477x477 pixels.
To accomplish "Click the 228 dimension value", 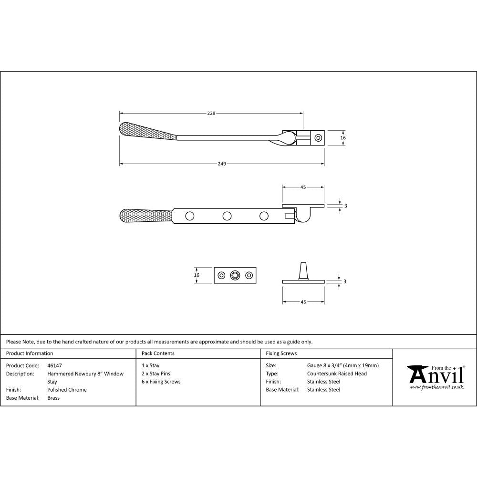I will pyautogui.click(x=211, y=114).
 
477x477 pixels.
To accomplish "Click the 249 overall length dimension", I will pyautogui.click(x=222, y=164).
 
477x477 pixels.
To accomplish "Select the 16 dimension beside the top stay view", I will pyautogui.click(x=343, y=138).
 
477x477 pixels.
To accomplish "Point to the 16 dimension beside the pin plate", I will pyautogui.click(x=197, y=275).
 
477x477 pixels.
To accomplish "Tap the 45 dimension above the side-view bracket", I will pyautogui.click(x=303, y=187).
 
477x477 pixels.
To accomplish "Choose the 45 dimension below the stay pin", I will pyautogui.click(x=303, y=302).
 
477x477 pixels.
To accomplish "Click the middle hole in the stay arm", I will pyautogui.click(x=227, y=216).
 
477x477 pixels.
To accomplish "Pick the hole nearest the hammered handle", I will pyautogui.click(x=190, y=216).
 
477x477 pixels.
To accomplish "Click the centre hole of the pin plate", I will pyautogui.click(x=235, y=275).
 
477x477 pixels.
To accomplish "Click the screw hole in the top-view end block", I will pyautogui.click(x=318, y=138).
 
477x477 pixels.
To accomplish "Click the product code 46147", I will pyautogui.click(x=55, y=366).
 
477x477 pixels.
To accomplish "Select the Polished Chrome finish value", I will pyautogui.click(x=67, y=390).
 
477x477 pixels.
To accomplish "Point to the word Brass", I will pyautogui.click(x=53, y=398).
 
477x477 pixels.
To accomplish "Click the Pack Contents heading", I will pyautogui.click(x=158, y=353).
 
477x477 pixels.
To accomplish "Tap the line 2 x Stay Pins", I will pyautogui.click(x=156, y=374).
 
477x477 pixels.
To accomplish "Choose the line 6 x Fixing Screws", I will pyautogui.click(x=161, y=382).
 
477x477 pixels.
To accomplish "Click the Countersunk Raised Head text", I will pyautogui.click(x=337, y=374).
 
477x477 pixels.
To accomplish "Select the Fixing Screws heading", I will pyautogui.click(x=281, y=353).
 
